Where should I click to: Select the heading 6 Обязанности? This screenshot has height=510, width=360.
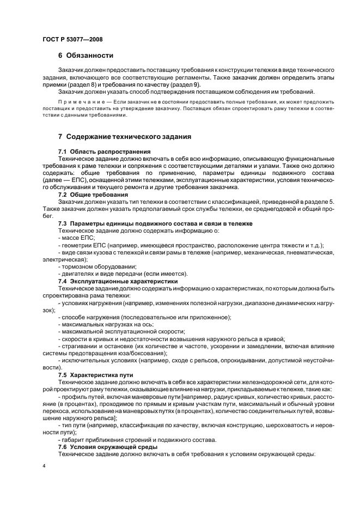pyautogui.click(x=86, y=55)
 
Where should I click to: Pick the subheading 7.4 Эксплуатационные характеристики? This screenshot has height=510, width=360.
pyautogui.click(x=118, y=281)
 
